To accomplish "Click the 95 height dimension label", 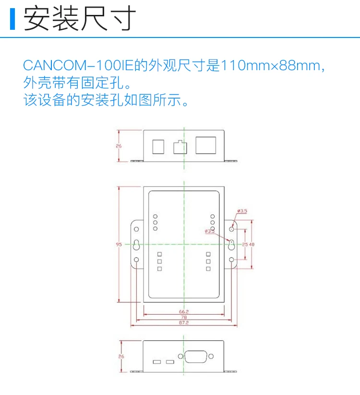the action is point(119,245).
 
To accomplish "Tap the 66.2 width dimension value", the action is point(184,311).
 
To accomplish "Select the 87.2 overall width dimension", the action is point(184,323).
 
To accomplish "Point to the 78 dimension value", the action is point(184,317).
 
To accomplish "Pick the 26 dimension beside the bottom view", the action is point(121,357).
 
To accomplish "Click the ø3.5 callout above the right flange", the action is point(242,211).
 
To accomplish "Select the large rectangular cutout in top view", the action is point(205,146).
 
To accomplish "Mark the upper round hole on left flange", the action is point(136,229).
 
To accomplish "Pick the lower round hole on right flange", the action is point(231,260).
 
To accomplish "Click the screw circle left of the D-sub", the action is point(180,357).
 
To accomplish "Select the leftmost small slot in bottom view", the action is point(156,361).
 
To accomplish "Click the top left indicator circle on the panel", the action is point(155,217).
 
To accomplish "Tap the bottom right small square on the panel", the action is point(208,269).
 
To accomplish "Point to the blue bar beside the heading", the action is point(12,19).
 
